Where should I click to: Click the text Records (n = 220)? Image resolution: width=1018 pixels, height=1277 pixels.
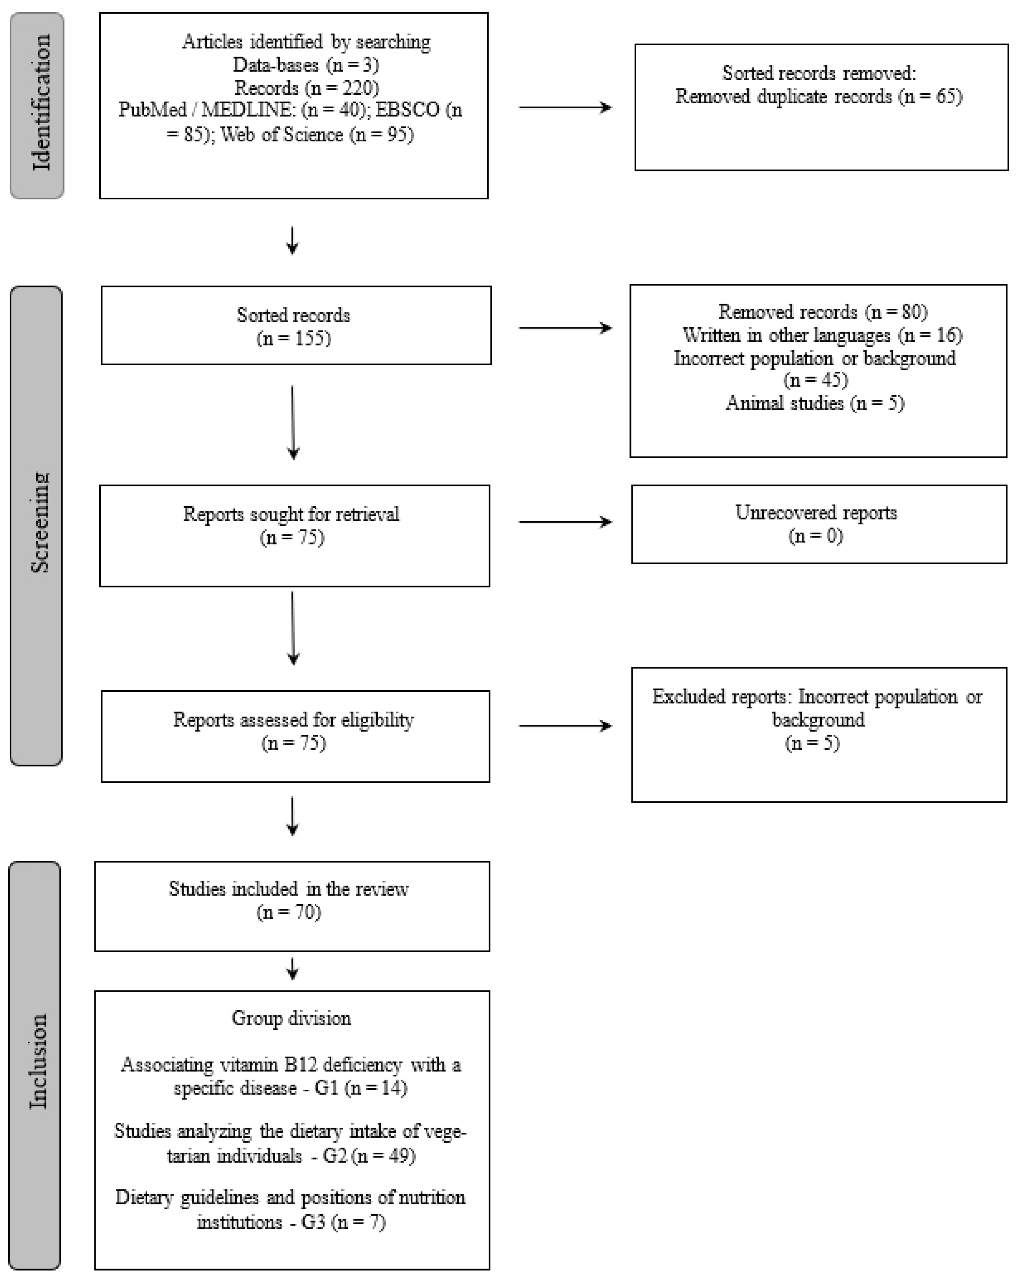point(306,88)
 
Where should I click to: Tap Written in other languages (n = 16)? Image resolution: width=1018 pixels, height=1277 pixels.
point(822,335)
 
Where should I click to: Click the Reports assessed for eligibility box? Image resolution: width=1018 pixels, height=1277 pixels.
point(295,736)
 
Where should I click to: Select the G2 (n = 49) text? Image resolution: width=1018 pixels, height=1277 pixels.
point(369,1156)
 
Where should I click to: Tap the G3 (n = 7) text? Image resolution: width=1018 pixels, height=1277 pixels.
point(343,1223)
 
